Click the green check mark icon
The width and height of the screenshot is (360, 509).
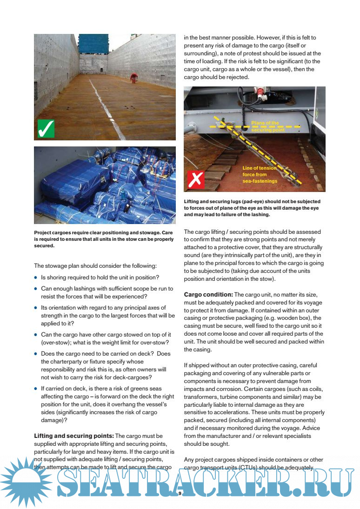46,128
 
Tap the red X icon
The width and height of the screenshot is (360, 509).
196,179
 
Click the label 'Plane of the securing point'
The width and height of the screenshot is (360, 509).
265,127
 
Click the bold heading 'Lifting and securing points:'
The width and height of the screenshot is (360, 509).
73,436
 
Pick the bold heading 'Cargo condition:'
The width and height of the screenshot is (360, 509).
208,295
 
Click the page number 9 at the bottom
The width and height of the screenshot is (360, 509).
180,494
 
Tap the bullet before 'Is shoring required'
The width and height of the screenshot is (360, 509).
36,278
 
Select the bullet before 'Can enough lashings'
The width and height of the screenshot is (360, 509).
36,289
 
